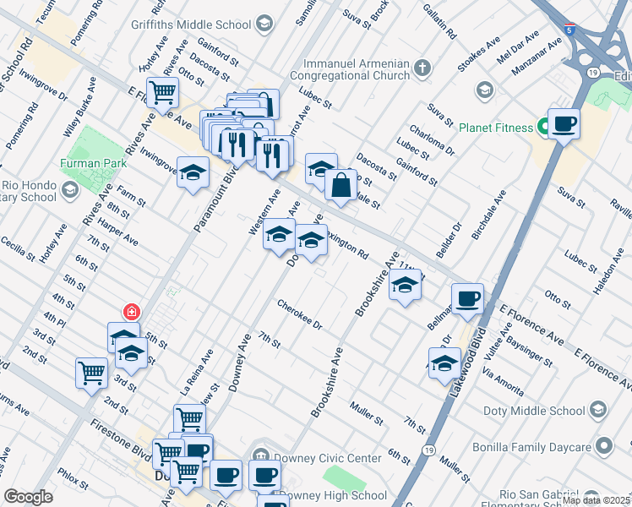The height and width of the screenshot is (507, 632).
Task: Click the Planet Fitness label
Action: [x=495, y=128]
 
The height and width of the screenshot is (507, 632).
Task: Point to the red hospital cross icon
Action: [x=131, y=312]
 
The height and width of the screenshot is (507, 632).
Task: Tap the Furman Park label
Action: [x=93, y=163]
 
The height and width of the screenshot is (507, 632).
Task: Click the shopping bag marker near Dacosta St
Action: [x=340, y=186]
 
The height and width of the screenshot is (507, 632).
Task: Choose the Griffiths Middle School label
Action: [x=201, y=24]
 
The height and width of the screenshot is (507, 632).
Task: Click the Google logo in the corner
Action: [x=28, y=497]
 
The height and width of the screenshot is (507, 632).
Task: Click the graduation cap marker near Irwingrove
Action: [x=193, y=174]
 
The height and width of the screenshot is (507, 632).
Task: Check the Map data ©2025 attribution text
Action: [x=596, y=500]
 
